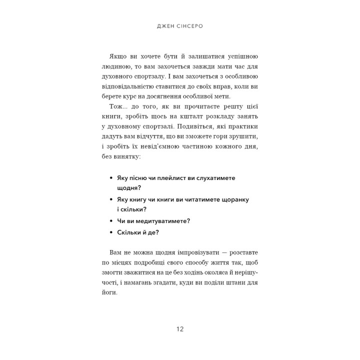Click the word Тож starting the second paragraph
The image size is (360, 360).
(113, 108)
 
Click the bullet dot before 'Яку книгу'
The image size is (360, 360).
(110, 199)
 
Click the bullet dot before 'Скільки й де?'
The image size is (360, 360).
(110, 232)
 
